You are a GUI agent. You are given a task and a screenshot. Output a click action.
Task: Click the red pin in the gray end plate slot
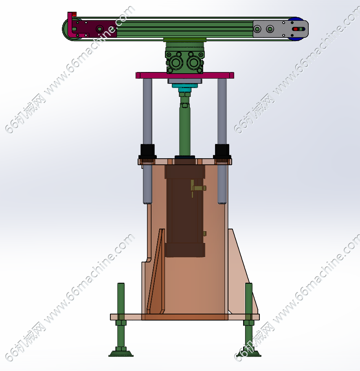295,29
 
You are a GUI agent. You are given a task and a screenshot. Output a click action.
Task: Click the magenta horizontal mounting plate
185,75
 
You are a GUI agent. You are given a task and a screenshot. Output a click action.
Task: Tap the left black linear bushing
147,151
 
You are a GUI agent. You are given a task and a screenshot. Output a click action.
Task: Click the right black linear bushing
222,151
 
